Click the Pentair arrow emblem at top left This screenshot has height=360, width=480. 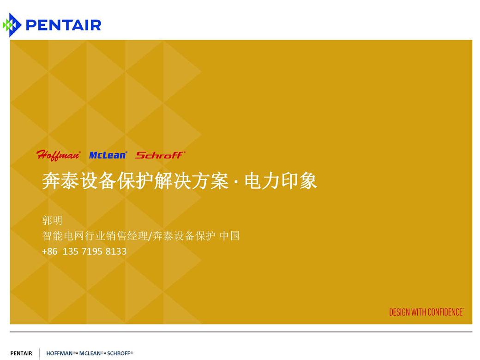click(x=12, y=25)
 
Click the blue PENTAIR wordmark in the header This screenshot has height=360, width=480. click(x=64, y=25)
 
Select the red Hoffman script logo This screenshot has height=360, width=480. click(x=59, y=155)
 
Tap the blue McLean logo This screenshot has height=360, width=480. click(x=108, y=155)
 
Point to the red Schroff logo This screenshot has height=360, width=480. click(x=161, y=155)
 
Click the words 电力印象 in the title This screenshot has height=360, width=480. click(x=281, y=180)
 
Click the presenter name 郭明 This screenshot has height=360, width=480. click(x=52, y=221)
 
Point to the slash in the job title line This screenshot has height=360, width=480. click(x=150, y=236)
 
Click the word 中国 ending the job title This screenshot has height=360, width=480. click(x=229, y=236)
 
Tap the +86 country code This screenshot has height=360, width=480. click(x=49, y=252)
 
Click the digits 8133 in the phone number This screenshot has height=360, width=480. click(x=116, y=252)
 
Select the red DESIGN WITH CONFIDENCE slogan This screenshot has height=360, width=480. click(x=426, y=312)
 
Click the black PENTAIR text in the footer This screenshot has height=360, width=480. click(x=21, y=353)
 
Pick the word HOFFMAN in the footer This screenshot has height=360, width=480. click(x=60, y=353)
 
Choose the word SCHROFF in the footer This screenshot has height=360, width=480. click(x=119, y=353)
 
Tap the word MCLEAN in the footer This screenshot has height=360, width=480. click(x=90, y=353)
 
